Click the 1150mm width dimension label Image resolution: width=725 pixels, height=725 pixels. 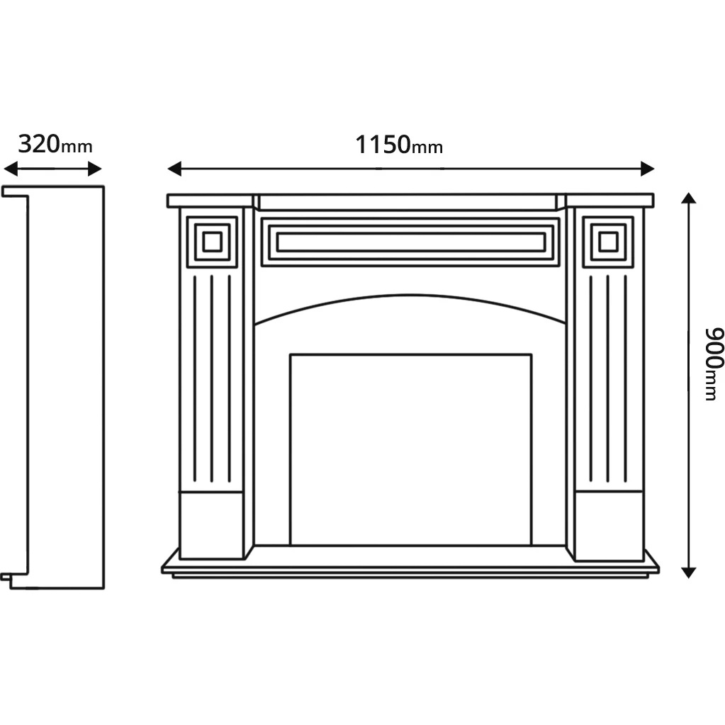(398, 145)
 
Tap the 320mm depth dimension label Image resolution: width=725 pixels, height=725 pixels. (55, 145)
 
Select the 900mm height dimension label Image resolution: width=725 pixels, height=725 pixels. (712, 364)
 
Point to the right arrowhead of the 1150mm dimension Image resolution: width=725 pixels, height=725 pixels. (647, 169)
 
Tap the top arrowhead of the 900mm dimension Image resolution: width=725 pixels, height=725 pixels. (688, 198)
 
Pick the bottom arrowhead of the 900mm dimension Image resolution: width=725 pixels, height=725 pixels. (688, 572)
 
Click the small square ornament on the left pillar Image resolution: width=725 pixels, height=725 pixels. (212, 242)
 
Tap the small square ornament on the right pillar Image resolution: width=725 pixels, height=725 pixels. (608, 242)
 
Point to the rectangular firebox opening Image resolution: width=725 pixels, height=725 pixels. (410, 449)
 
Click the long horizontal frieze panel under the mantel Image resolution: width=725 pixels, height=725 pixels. (410, 242)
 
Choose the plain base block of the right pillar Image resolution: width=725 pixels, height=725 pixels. (608, 524)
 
